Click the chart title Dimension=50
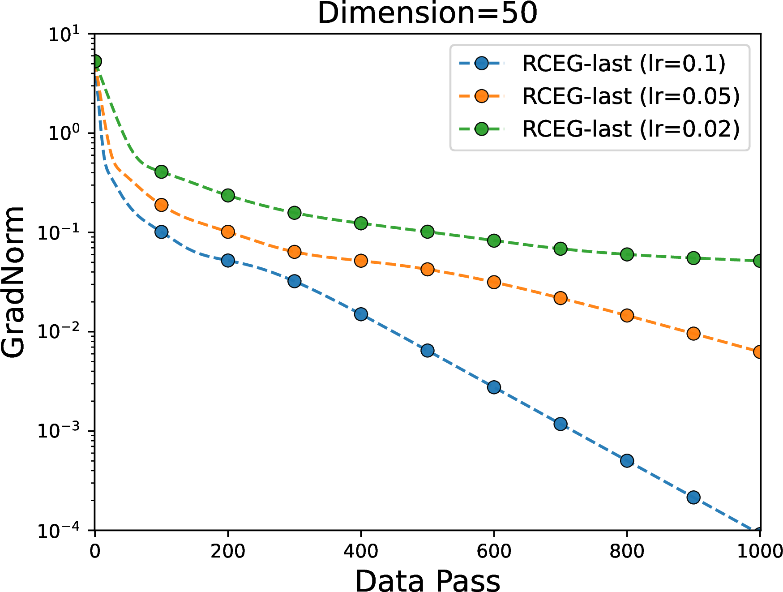(x=427, y=13)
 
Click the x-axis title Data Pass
(x=428, y=581)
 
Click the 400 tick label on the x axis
(x=361, y=551)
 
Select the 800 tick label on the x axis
(x=627, y=551)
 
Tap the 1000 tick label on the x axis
(x=760, y=551)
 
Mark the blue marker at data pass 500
(x=428, y=350)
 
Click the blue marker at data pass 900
(x=693, y=497)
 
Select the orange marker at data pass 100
(x=161, y=205)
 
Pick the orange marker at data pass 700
(x=561, y=298)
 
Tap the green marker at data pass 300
(x=294, y=213)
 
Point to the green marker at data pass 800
(x=627, y=254)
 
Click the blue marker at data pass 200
(x=228, y=260)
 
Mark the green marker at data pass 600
(x=494, y=240)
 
